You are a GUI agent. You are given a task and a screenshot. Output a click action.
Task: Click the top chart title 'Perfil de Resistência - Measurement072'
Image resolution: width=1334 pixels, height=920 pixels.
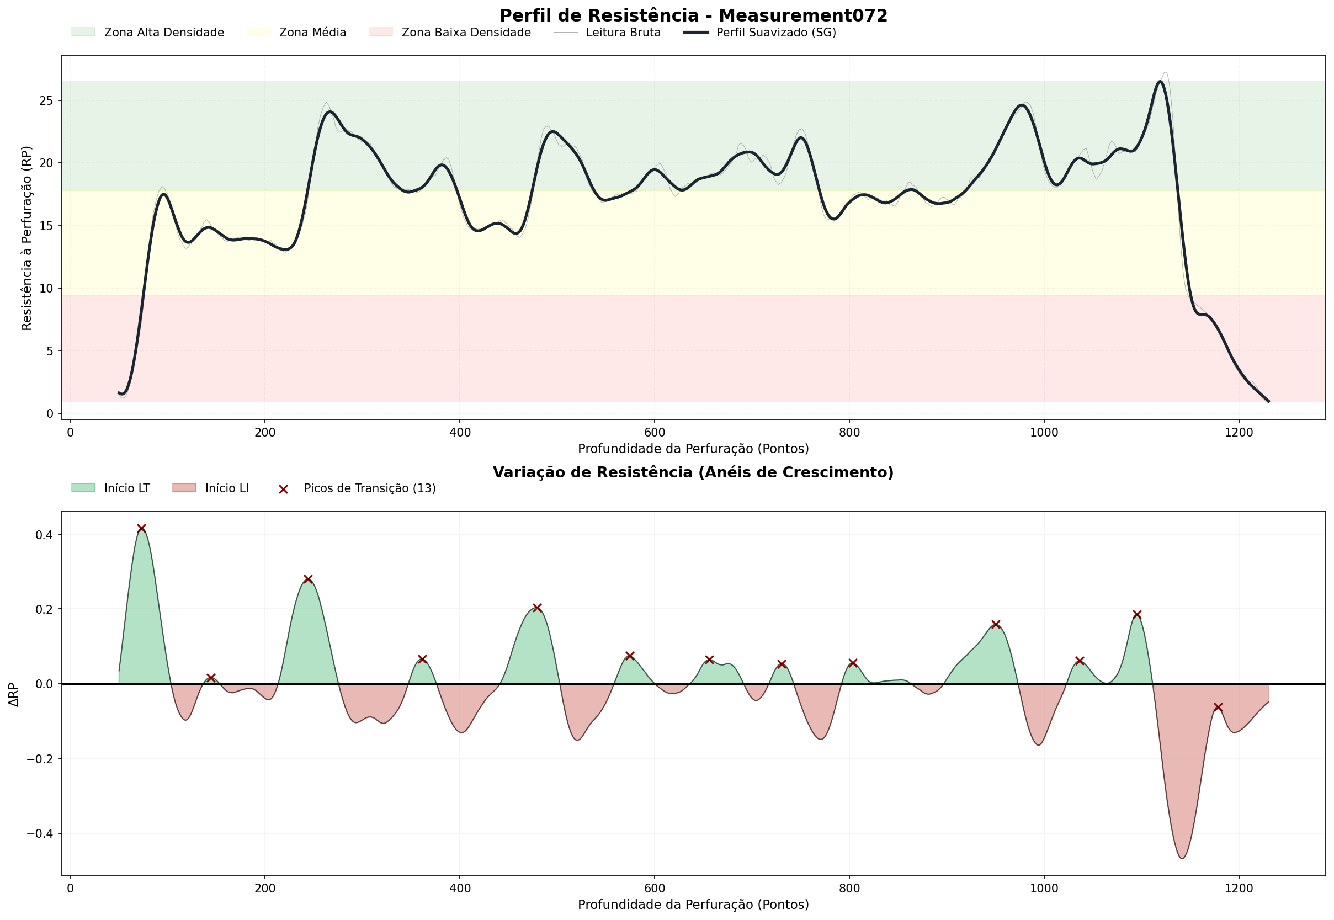click(x=693, y=15)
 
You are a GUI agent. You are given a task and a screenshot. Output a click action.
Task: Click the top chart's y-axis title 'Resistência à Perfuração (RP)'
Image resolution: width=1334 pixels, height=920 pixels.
click(x=26, y=238)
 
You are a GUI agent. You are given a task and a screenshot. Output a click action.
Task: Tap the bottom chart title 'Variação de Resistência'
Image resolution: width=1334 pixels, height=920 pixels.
click(x=693, y=472)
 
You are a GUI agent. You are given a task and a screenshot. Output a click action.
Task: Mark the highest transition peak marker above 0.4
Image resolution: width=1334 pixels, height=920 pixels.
click(x=142, y=528)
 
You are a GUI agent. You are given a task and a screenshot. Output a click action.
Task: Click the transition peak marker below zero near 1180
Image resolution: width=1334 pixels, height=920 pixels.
click(x=1218, y=708)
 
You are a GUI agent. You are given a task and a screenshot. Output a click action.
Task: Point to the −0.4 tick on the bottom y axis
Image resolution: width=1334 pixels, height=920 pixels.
click(x=40, y=833)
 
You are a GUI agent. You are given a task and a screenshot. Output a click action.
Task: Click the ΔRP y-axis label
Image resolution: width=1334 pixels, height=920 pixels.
click(x=14, y=695)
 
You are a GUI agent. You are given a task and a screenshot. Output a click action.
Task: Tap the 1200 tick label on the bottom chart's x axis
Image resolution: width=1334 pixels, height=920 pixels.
click(x=1239, y=889)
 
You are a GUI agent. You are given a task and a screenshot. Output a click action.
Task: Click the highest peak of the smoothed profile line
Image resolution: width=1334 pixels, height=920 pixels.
click(x=1160, y=81)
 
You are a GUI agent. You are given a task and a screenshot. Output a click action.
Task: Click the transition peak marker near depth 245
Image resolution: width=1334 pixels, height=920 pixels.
click(x=308, y=579)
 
